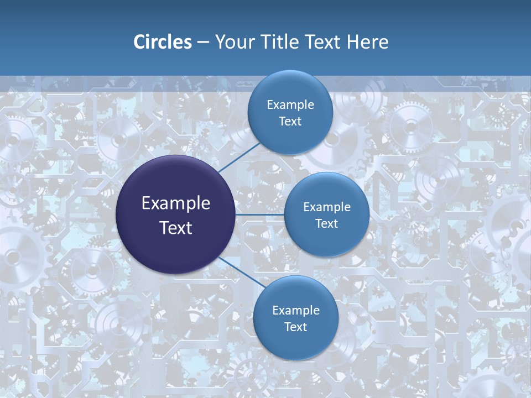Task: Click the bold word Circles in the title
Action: point(163,42)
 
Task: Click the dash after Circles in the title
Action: point(203,43)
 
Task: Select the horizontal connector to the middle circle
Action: point(259,214)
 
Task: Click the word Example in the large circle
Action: point(176,203)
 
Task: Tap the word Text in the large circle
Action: point(176,228)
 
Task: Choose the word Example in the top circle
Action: point(290,105)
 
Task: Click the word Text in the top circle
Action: point(290,122)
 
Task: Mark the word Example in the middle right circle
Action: point(326,207)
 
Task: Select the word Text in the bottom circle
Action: point(295,327)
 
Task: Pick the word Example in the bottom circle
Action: point(295,311)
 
